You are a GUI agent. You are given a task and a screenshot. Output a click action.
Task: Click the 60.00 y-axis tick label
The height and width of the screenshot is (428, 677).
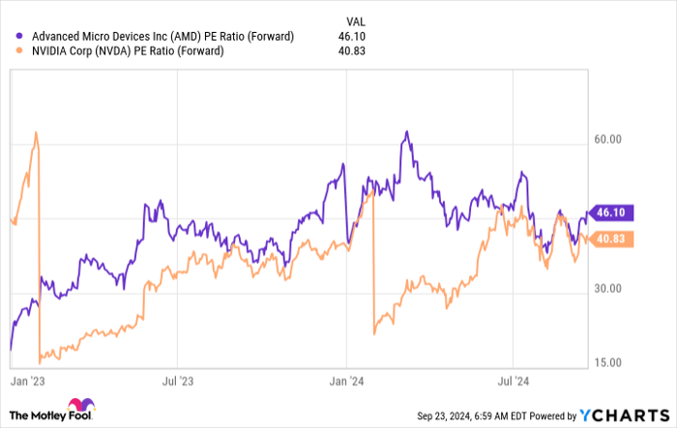[607, 139]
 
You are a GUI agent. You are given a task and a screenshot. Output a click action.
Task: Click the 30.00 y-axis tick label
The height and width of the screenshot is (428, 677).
[607, 288]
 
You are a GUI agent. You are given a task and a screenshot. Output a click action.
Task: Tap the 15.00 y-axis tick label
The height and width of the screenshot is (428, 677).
[607, 362]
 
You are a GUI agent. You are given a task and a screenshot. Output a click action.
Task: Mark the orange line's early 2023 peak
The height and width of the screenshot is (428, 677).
[36, 133]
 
